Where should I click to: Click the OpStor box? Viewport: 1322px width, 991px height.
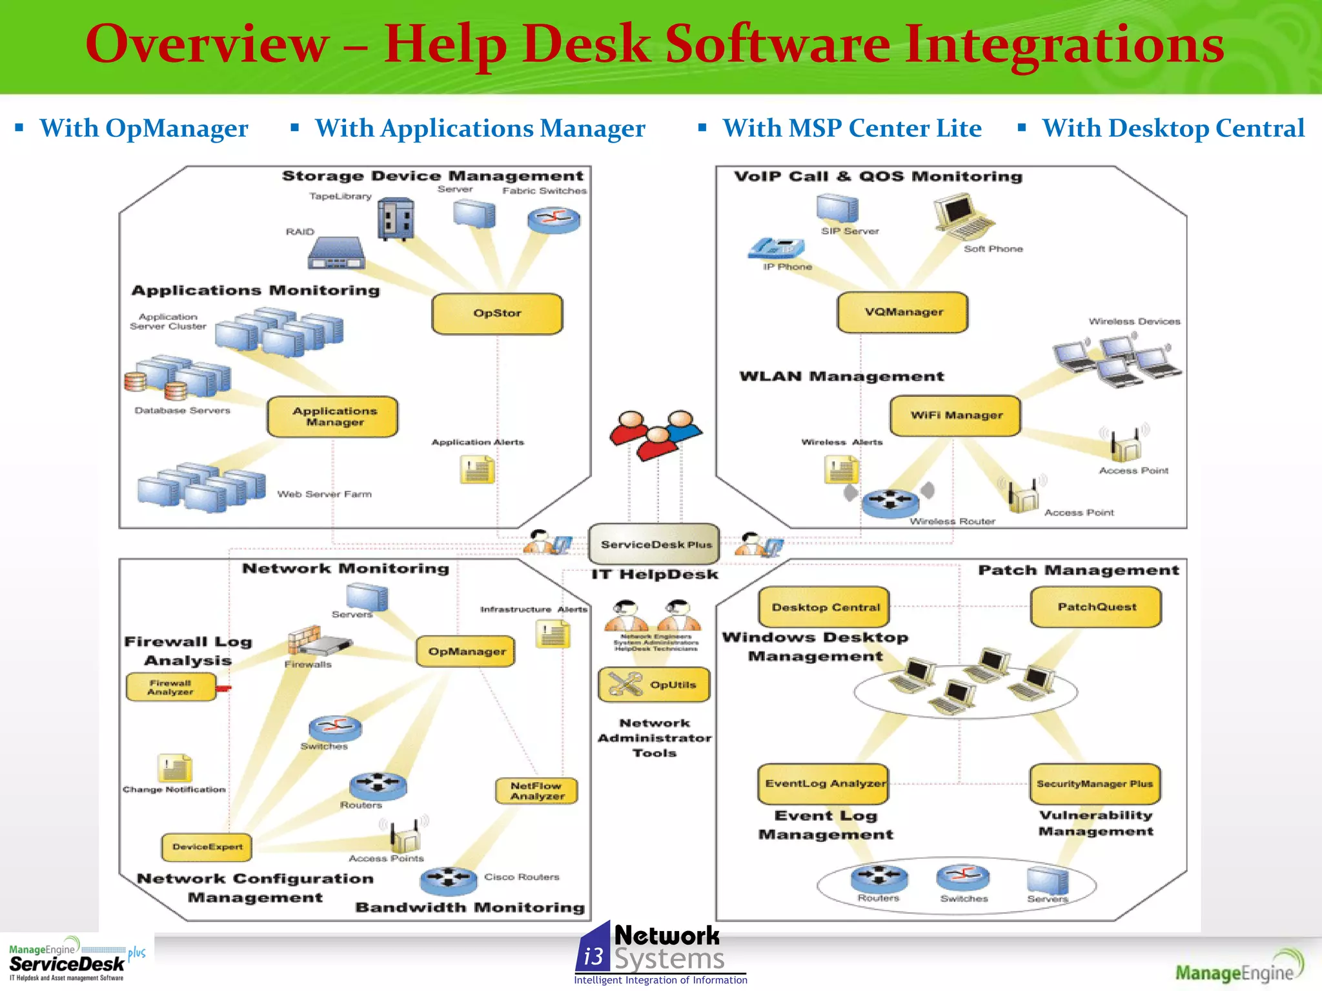497,314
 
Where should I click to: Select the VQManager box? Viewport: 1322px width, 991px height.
902,312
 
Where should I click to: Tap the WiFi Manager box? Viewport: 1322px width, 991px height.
955,415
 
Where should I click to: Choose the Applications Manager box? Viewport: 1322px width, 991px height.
333,417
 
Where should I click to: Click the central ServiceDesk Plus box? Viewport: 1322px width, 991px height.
655,544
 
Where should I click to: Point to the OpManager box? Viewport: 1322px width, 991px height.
466,652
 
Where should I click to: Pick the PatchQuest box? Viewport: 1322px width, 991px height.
1096,607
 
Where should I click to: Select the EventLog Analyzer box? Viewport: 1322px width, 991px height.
824,784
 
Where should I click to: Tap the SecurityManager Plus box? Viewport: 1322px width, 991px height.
1095,784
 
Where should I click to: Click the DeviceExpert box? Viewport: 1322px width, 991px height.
207,847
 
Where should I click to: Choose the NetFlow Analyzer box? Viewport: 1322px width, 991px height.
536,791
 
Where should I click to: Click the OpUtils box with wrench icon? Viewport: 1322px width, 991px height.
655,685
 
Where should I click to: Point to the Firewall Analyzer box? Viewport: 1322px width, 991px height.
171,687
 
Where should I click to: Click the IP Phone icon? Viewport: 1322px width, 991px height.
777,248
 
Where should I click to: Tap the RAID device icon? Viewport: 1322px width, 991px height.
336,253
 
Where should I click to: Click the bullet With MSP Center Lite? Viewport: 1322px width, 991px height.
851,128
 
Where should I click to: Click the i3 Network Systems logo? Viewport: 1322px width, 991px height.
660,954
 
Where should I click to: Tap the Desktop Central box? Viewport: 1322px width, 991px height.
824,607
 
